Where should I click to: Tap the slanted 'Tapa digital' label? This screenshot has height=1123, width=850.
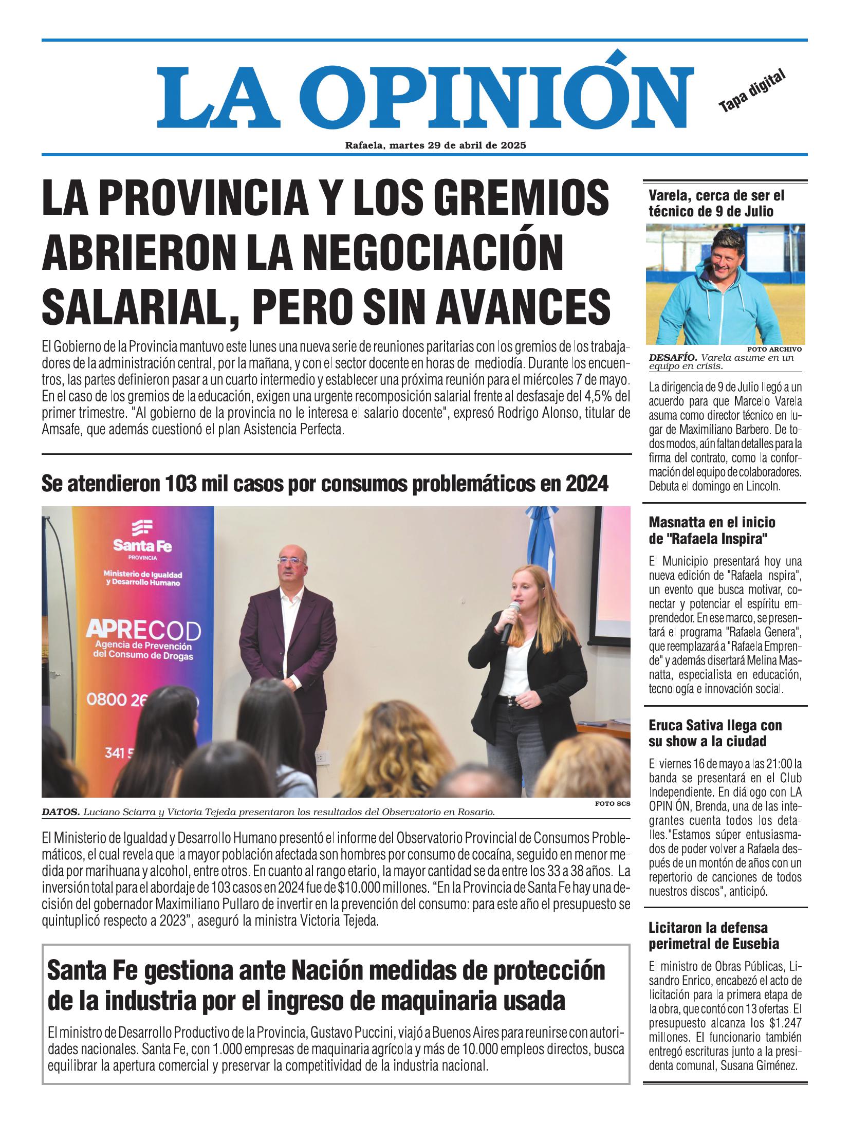[752, 91]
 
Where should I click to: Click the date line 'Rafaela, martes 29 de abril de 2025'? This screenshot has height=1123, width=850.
[435, 145]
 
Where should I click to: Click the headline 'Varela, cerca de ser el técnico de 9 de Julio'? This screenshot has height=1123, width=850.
[716, 203]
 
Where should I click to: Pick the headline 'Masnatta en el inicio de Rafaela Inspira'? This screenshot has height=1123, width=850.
[712, 530]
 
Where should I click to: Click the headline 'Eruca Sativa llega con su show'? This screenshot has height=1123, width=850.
[714, 733]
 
